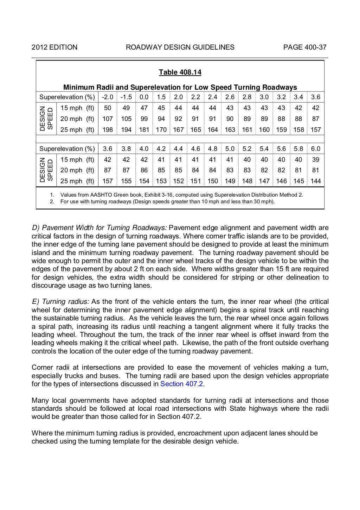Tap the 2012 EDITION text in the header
[54, 47]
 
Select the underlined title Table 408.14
[180, 72]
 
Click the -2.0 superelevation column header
[108, 97]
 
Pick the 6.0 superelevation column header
[315, 149]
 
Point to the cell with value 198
[108, 130]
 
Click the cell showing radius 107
[108, 119]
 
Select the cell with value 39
[315, 160]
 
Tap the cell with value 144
[315, 181]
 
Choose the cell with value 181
[144, 130]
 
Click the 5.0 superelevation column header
[230, 149]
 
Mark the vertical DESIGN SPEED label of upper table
[46, 119]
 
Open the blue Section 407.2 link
[182, 384]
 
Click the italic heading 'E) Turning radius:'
[60, 302]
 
